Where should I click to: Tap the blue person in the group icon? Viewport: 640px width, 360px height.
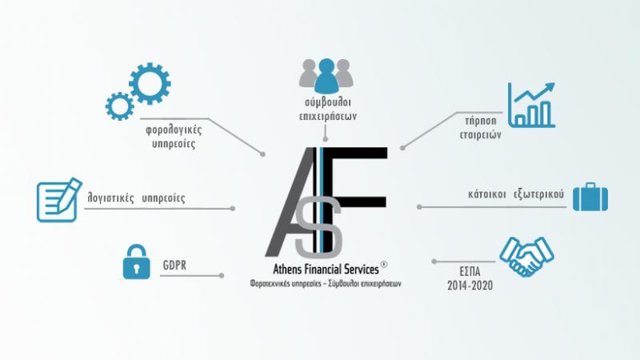[x=326, y=75]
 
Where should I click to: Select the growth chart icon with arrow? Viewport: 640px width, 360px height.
[x=531, y=105]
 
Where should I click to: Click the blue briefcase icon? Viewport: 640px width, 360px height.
[x=590, y=197]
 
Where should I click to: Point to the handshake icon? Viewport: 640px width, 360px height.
[x=526, y=256]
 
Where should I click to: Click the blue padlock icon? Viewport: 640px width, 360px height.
[x=136, y=262]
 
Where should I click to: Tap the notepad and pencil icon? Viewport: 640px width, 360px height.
[x=58, y=200]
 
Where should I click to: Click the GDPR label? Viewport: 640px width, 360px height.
[x=174, y=266]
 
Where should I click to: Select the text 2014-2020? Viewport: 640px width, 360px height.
[x=470, y=286]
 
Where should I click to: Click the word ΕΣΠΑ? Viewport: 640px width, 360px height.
[x=470, y=271]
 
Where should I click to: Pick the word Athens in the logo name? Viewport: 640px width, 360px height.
[x=284, y=270]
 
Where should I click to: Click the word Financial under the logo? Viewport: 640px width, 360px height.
[x=320, y=270]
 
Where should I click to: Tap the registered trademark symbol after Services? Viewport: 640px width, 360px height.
[x=384, y=264]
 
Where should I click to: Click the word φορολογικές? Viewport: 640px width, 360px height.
[x=174, y=130]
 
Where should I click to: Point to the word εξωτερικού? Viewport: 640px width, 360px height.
[x=538, y=194]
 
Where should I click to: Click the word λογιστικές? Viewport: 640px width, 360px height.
[x=110, y=198]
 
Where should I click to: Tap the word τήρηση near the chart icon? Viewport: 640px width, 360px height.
[x=481, y=121]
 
